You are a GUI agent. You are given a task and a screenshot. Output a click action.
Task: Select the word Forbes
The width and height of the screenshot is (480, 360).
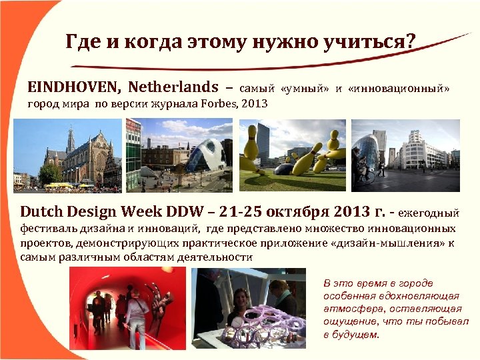[x=223, y=104]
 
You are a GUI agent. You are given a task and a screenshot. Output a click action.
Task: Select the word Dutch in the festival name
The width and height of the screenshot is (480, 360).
[x=43, y=212]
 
